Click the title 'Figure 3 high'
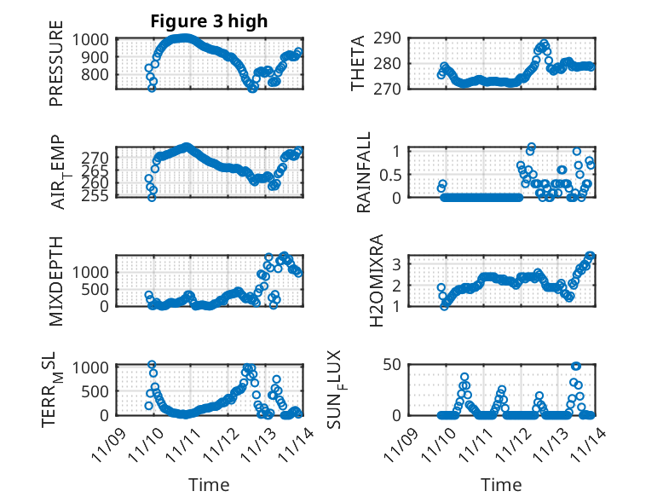pyautogui.click(x=209, y=20)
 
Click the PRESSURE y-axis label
pyautogui.click(x=56, y=69)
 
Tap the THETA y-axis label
pyautogui.click(x=359, y=62)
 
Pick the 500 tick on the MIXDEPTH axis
pyautogui.click(x=96, y=289)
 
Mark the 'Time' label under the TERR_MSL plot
pyautogui.click(x=209, y=485)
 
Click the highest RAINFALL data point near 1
pyautogui.click(x=531, y=147)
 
